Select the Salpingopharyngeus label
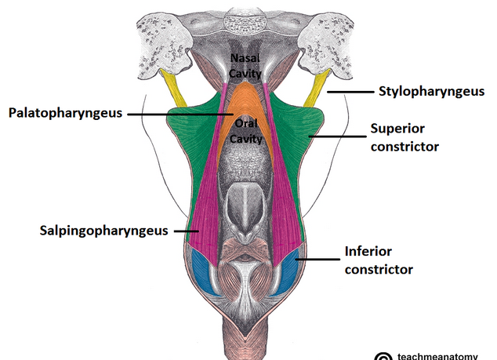104,231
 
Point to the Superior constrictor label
404,136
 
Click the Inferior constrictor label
378,260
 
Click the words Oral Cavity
244,131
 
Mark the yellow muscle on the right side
317,88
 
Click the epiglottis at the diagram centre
244,212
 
